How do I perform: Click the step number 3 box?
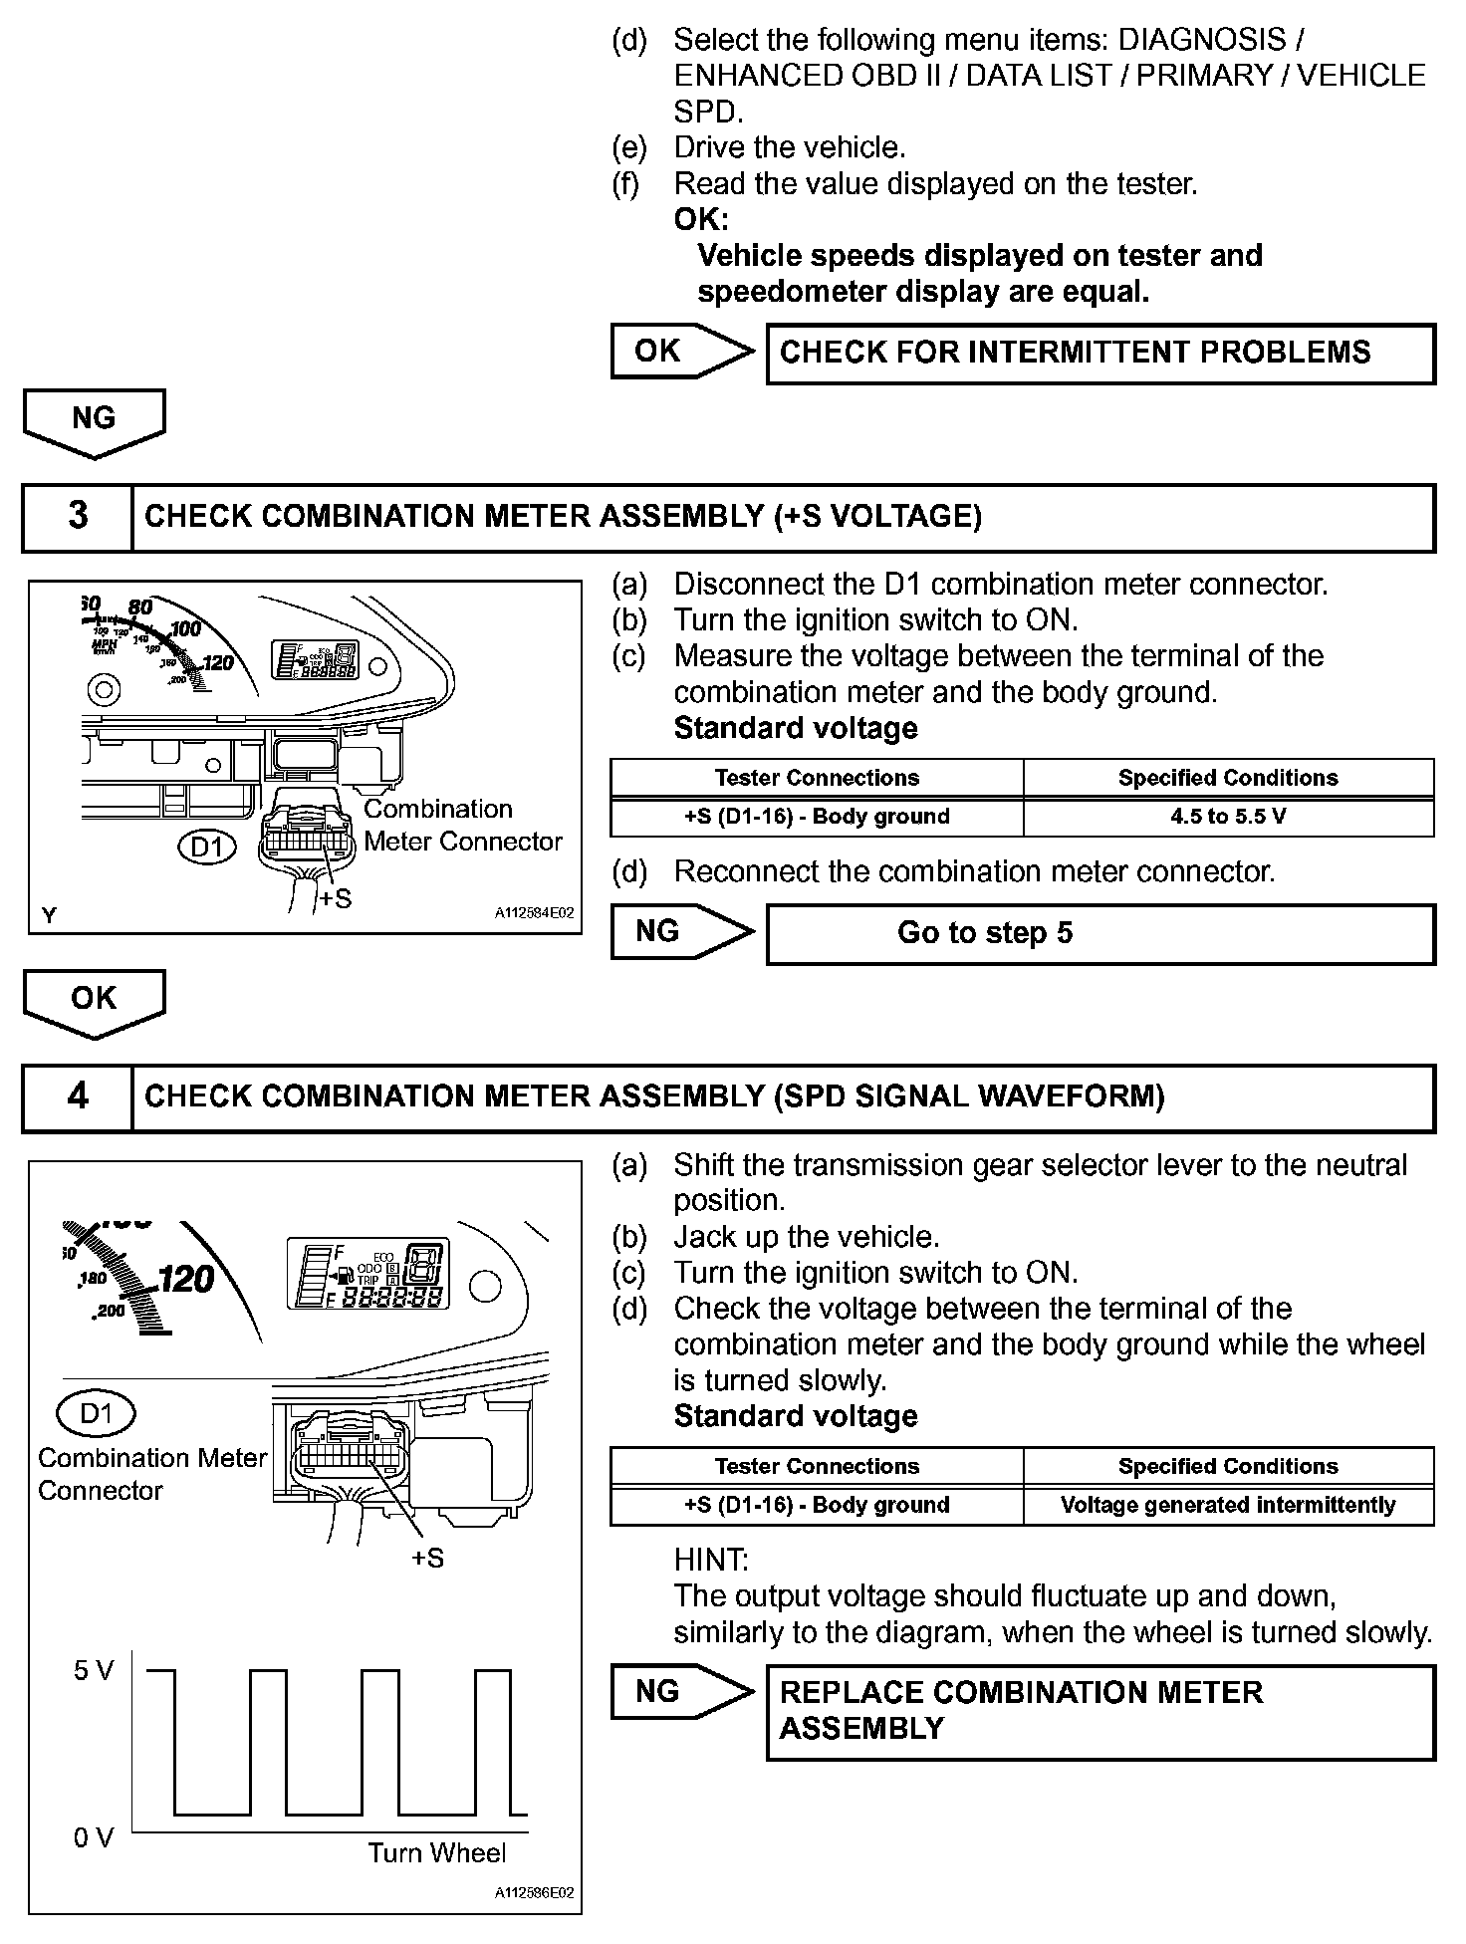point(78,516)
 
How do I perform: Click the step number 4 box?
point(78,1096)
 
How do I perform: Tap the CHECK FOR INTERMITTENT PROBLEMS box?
point(1100,353)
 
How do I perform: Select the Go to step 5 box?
point(1100,933)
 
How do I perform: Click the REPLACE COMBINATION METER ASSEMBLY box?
point(1100,1711)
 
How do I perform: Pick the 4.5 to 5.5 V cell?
point(1228,817)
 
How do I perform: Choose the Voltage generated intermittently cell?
point(1228,1505)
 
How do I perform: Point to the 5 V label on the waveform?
point(94,1671)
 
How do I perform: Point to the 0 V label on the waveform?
point(94,1837)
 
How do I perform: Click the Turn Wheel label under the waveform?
point(436,1852)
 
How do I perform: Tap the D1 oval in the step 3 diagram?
point(207,848)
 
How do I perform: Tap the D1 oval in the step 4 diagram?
point(96,1412)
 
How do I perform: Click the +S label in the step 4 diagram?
point(427,1558)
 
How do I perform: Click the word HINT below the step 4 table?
point(711,1560)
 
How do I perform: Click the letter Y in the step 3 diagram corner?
point(49,914)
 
